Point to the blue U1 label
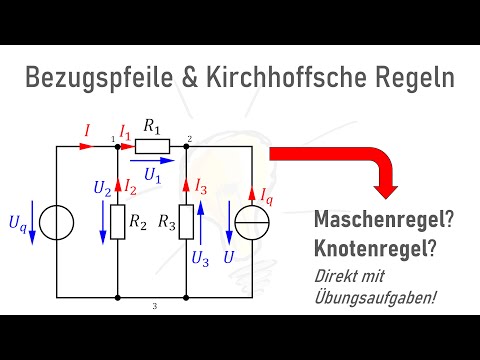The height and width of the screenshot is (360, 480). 152,174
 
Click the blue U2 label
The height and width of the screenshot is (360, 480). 101,187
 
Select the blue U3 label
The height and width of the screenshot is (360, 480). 201,258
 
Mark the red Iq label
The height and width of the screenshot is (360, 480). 267,194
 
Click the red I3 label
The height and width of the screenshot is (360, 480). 201,183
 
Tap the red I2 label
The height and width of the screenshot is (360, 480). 131,187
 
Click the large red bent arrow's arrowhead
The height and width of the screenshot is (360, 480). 384,185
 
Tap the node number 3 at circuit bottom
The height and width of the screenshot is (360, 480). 155,305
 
